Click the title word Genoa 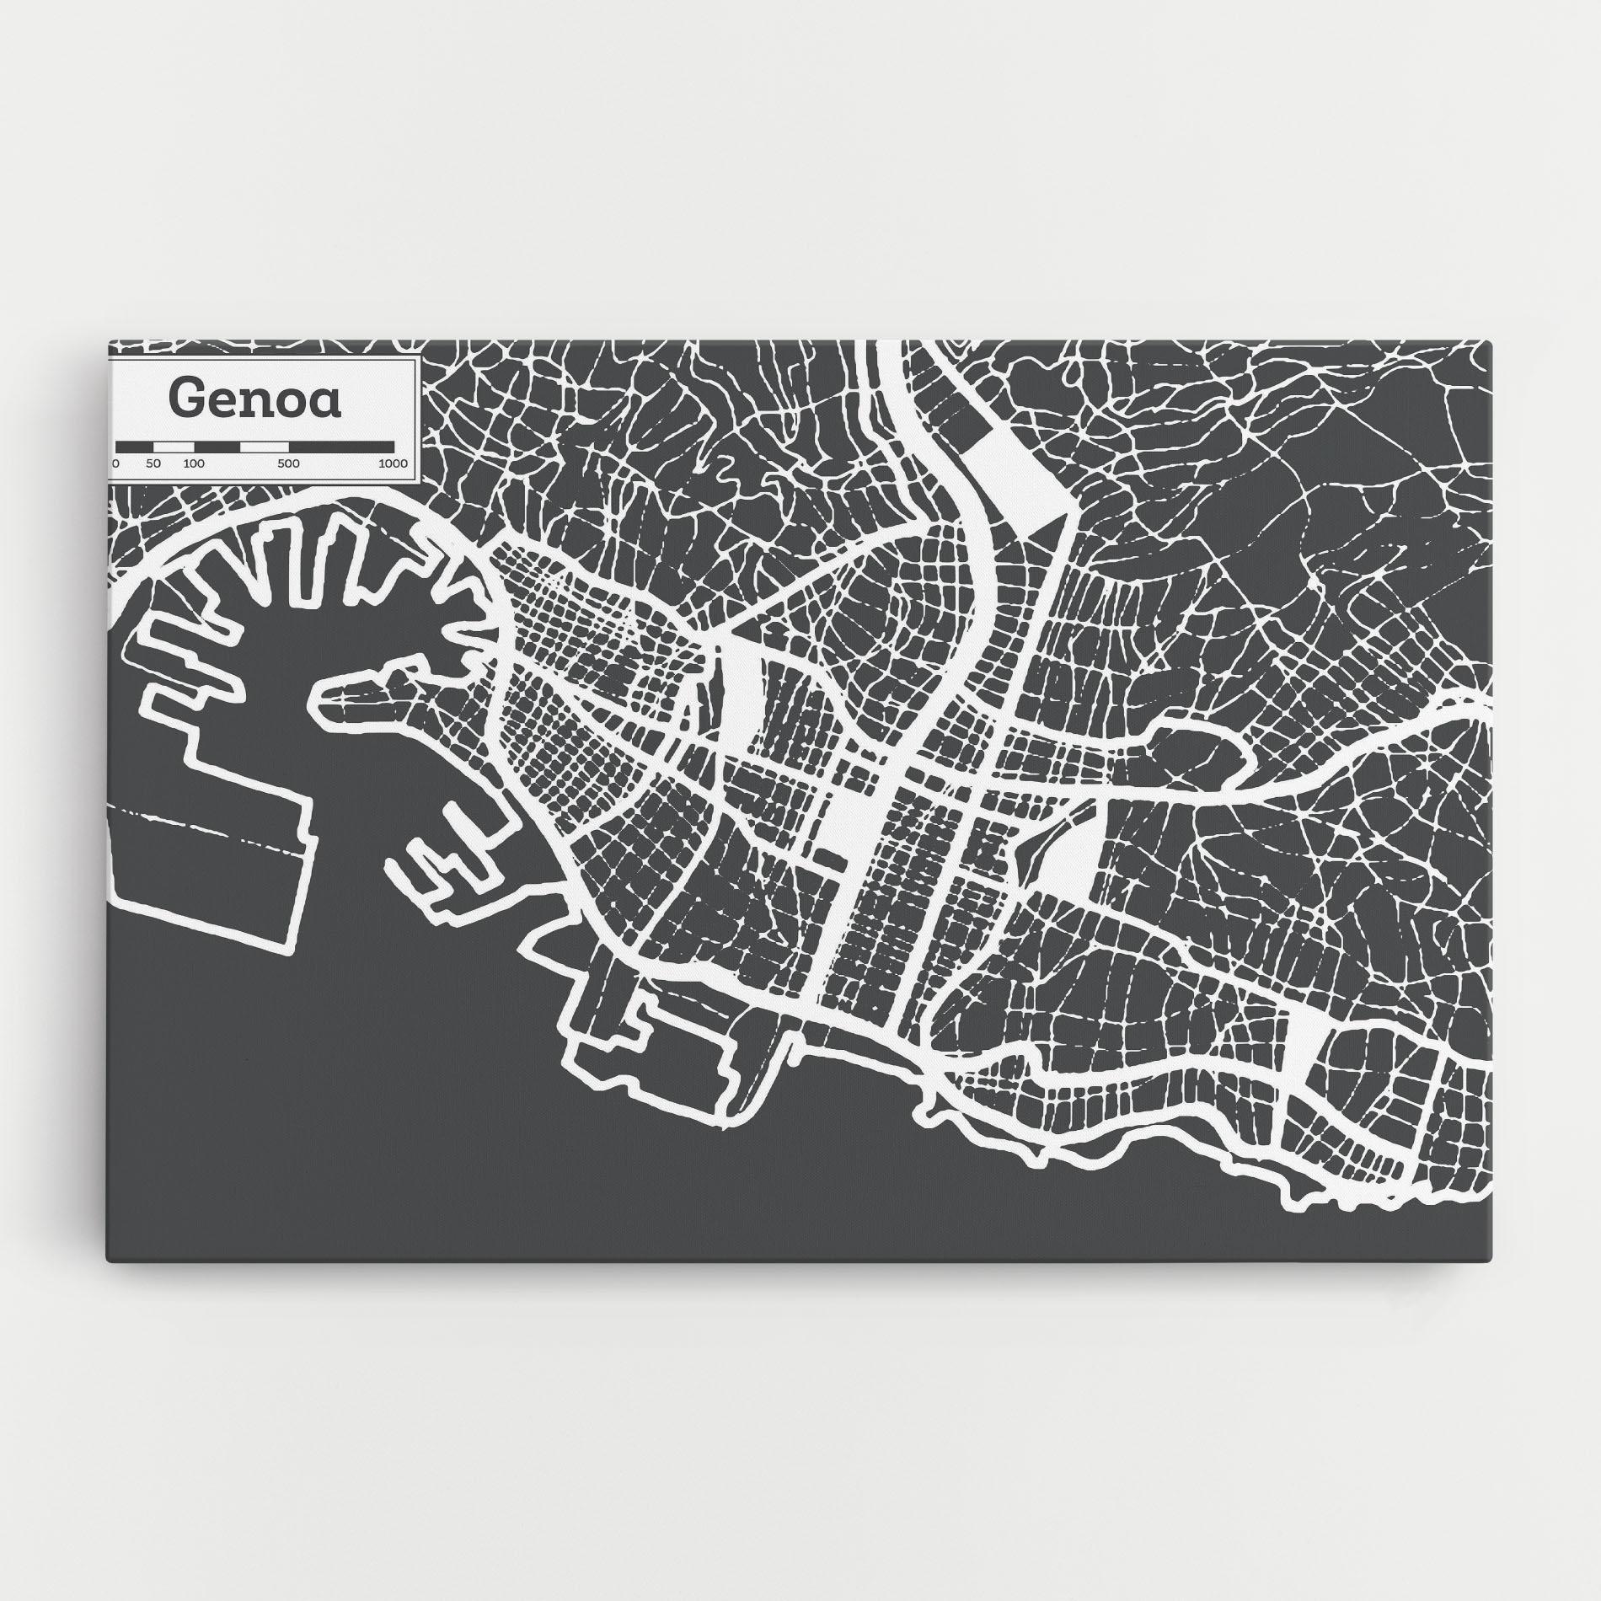point(255,399)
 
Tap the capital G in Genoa point(187,399)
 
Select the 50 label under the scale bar point(153,463)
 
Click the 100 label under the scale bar point(194,463)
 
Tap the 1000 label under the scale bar point(393,463)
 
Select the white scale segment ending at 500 point(265,446)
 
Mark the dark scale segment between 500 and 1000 point(341,446)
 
